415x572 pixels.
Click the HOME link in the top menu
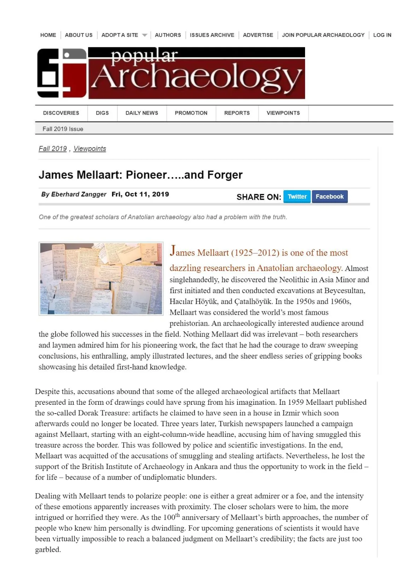[48, 35]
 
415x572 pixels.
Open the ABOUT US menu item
[78, 35]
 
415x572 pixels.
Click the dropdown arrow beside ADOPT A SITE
[144, 35]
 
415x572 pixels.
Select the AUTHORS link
[168, 35]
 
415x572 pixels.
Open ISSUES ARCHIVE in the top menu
[212, 35]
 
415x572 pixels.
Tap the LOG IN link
[382, 35]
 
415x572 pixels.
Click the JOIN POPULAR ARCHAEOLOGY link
[323, 35]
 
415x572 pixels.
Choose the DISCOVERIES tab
[61, 113]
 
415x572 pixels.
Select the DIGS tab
[102, 113]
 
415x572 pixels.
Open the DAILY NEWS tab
[142, 113]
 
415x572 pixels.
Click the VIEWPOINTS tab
[283, 113]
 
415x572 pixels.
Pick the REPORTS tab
[237, 113]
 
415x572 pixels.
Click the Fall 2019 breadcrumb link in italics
[53, 149]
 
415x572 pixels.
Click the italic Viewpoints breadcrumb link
[90, 149]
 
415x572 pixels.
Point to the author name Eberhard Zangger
[78, 194]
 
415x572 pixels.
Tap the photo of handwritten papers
[101, 278]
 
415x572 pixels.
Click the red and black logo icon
[62, 73]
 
